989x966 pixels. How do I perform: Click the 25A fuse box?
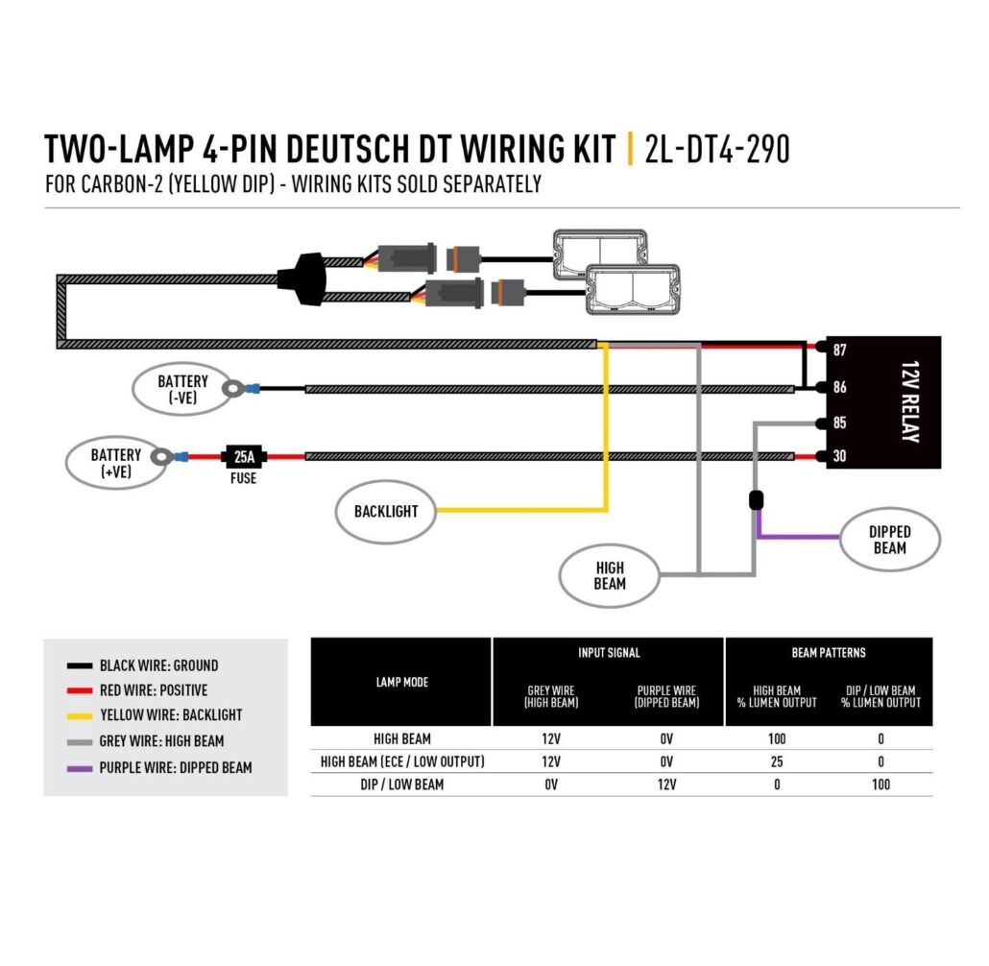(x=244, y=457)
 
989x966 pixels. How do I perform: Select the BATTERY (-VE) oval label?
(x=182, y=389)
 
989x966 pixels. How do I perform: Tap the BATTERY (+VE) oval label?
(x=115, y=463)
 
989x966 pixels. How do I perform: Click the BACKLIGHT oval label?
(x=385, y=512)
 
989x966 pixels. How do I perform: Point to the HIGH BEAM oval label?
(x=609, y=576)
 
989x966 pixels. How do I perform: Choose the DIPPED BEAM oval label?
(x=889, y=540)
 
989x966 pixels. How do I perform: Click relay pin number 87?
(x=839, y=350)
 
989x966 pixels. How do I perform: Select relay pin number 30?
(x=839, y=457)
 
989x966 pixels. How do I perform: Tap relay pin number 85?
(x=839, y=423)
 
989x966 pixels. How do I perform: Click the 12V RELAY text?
(x=909, y=403)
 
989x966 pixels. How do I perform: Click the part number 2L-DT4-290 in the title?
(x=717, y=150)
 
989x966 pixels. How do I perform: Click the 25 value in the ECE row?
(x=777, y=761)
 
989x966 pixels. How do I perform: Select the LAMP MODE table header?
(x=401, y=682)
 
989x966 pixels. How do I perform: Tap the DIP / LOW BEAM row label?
(x=401, y=785)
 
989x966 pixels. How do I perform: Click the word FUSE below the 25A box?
(x=244, y=478)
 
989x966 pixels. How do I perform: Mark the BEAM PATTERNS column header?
(x=829, y=653)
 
